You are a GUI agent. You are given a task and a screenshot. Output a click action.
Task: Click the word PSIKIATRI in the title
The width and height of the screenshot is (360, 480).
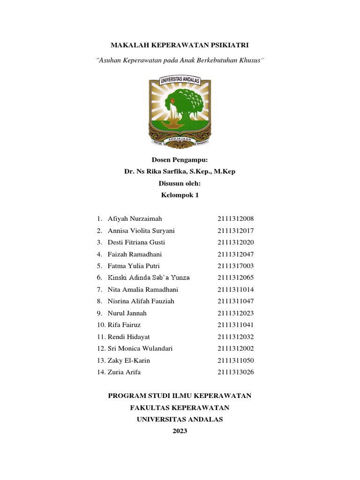click(x=227, y=45)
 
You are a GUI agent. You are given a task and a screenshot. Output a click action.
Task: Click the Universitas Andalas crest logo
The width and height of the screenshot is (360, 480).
click(x=180, y=111)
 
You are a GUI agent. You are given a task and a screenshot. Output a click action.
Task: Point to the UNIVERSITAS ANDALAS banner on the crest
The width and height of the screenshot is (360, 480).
click(x=180, y=81)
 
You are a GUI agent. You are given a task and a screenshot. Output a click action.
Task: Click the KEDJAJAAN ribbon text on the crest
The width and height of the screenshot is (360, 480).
click(x=180, y=139)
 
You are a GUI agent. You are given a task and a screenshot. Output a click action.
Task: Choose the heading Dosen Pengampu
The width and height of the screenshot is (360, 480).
click(x=180, y=160)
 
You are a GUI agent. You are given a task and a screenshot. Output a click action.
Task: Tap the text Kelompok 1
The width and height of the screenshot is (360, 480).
click(x=180, y=195)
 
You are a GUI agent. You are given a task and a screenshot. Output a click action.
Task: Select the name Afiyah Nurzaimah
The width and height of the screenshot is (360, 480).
click(x=135, y=219)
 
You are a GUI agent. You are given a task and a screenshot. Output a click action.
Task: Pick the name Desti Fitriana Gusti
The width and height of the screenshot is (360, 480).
click(x=136, y=242)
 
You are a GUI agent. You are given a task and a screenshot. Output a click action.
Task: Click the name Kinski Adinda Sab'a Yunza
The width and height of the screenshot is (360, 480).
click(x=149, y=277)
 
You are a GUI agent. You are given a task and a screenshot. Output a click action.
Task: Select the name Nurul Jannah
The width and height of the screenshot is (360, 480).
click(x=127, y=313)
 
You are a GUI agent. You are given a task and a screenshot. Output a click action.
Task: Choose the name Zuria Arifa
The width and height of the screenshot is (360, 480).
click(x=124, y=372)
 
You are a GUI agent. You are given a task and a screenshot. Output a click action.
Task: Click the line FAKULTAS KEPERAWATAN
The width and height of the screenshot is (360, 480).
click(x=180, y=408)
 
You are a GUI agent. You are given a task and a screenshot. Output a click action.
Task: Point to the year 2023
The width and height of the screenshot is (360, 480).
click(x=180, y=431)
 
